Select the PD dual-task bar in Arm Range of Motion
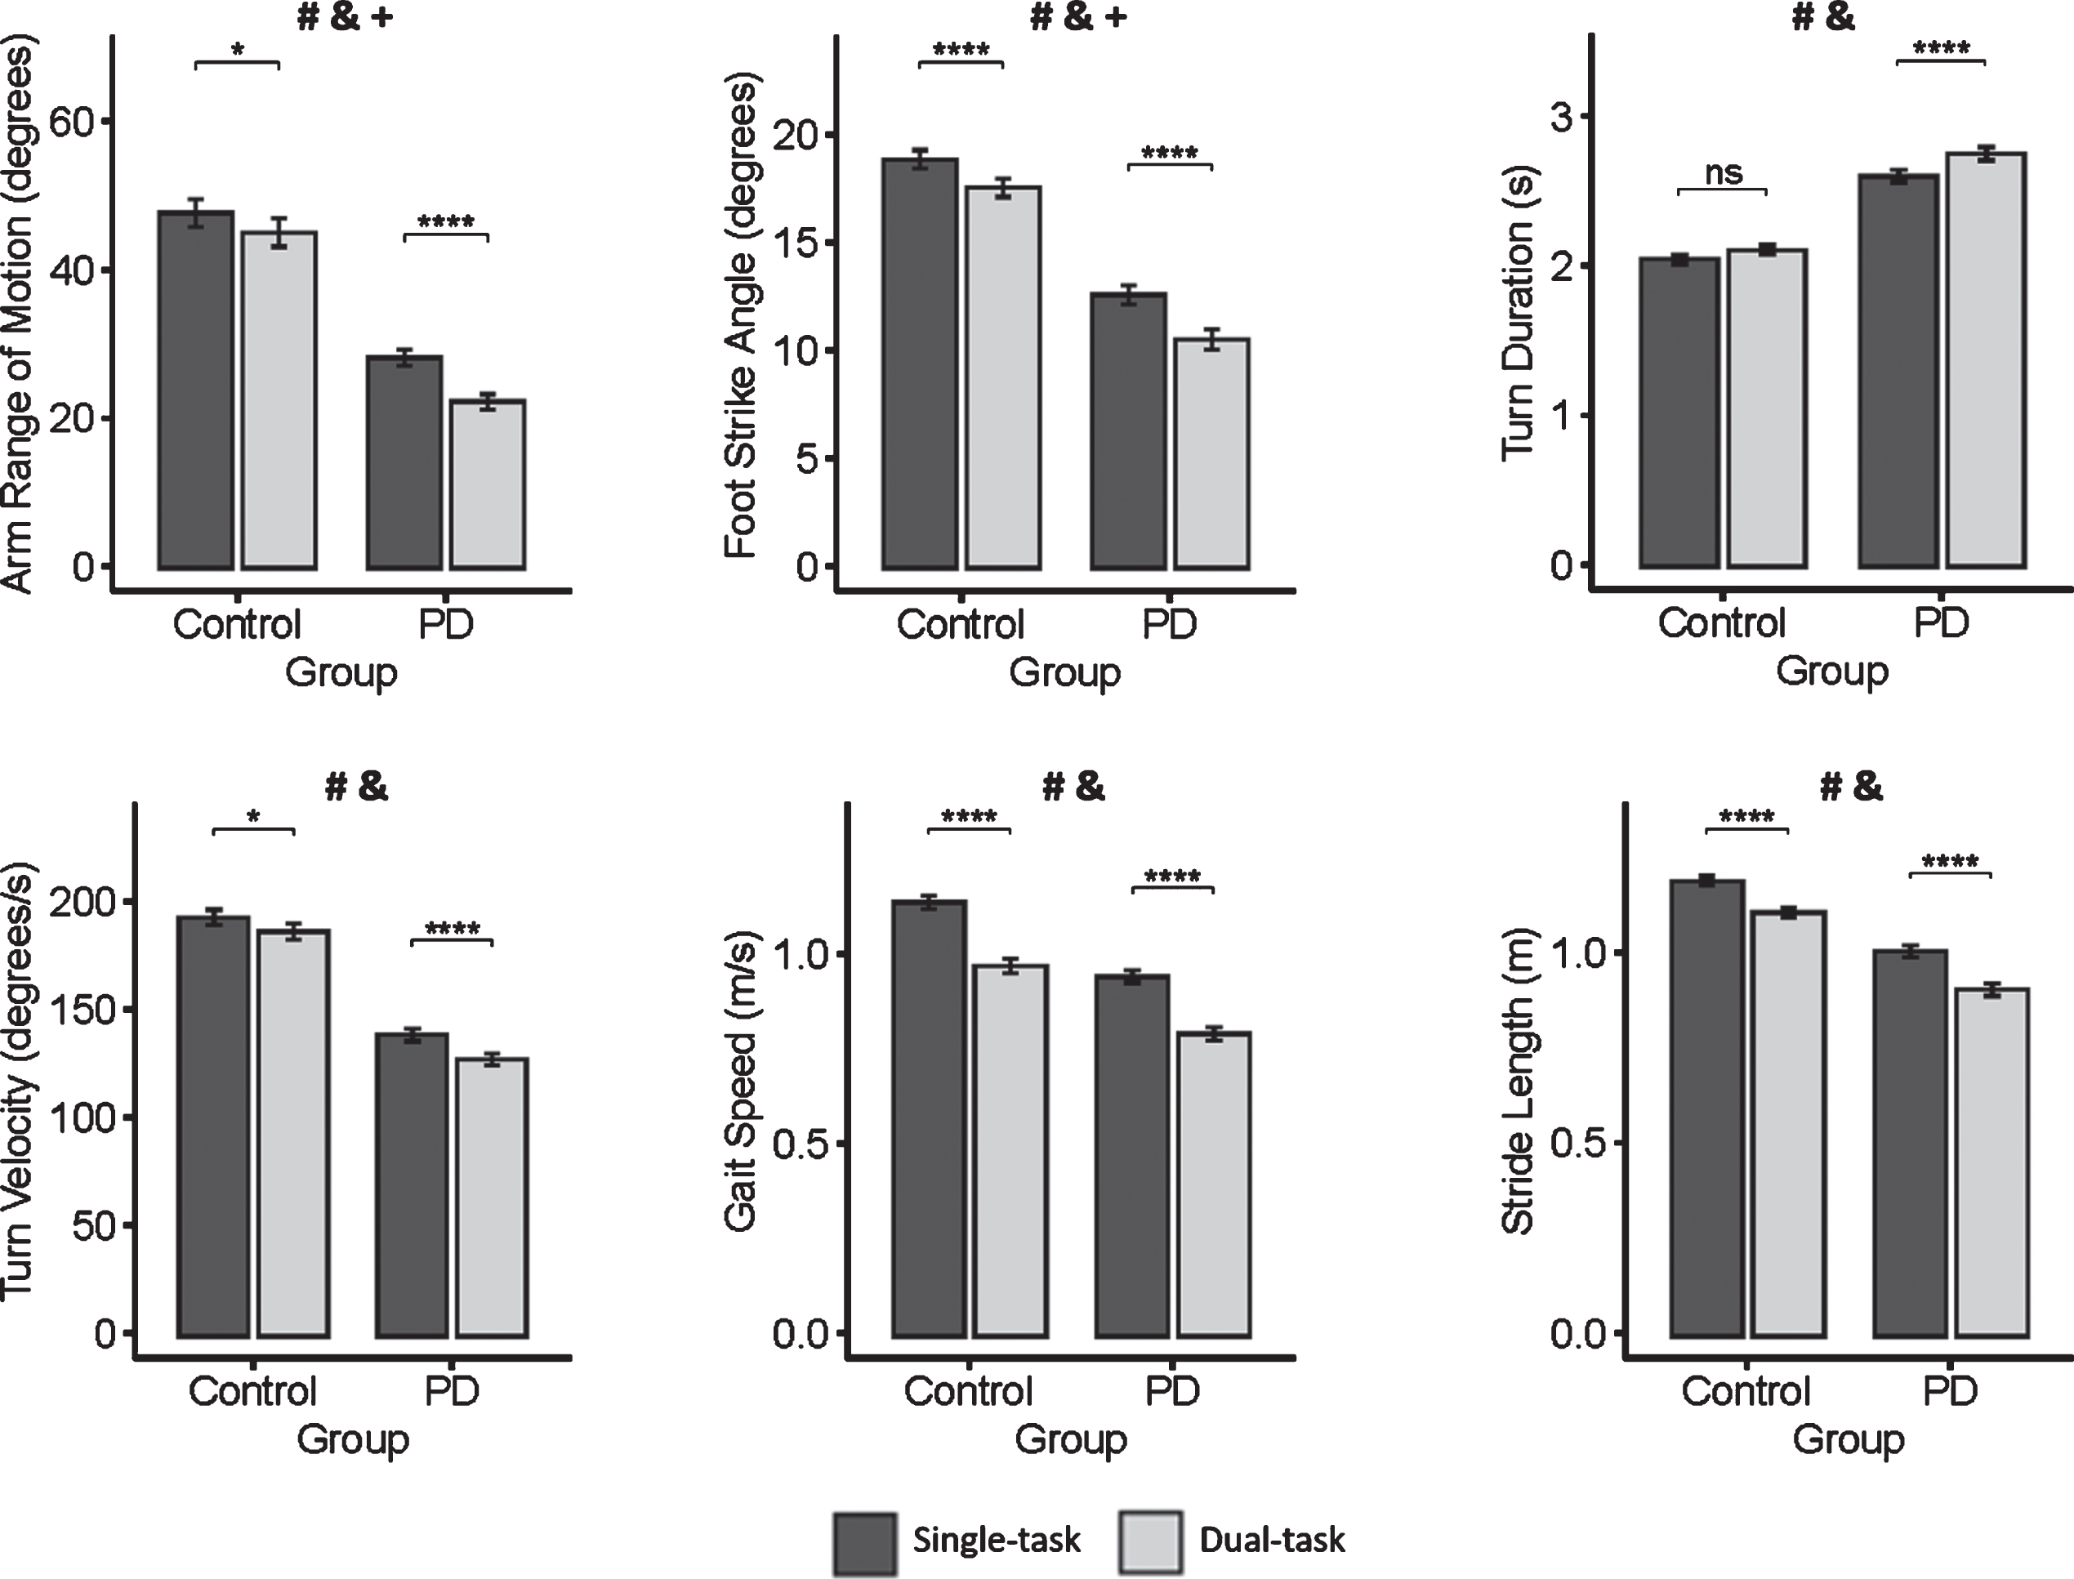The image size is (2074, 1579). (487, 484)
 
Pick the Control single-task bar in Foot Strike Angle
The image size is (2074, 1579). (919, 364)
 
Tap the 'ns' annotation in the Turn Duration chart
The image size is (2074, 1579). (1723, 172)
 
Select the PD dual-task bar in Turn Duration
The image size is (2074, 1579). (1985, 360)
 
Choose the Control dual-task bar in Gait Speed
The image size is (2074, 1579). (1010, 1150)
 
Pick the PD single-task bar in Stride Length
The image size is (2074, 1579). (1910, 1144)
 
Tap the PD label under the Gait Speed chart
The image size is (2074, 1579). (1173, 1391)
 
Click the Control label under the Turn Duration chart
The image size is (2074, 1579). (1722, 623)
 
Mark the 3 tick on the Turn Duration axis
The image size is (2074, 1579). (1566, 117)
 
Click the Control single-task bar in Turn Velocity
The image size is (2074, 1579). (213, 1127)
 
